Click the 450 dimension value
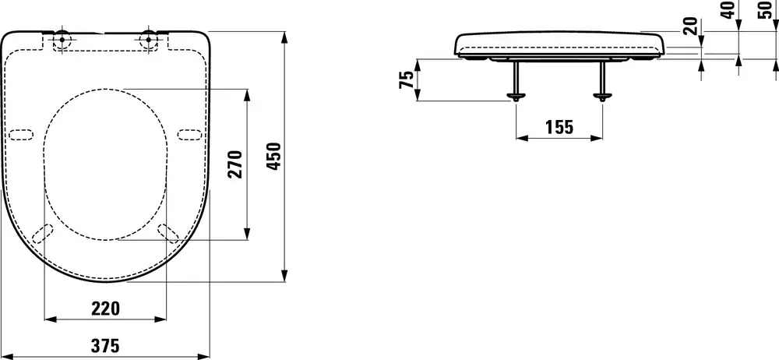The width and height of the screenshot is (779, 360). tap(274, 157)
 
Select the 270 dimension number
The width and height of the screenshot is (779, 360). tap(235, 164)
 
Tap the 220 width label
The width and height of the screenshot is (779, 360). tap(106, 309)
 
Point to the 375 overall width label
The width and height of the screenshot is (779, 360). tap(105, 345)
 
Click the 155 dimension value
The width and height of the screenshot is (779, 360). tap(559, 128)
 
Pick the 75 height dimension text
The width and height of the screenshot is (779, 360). tap(407, 80)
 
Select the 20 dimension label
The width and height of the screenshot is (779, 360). tap(690, 26)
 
